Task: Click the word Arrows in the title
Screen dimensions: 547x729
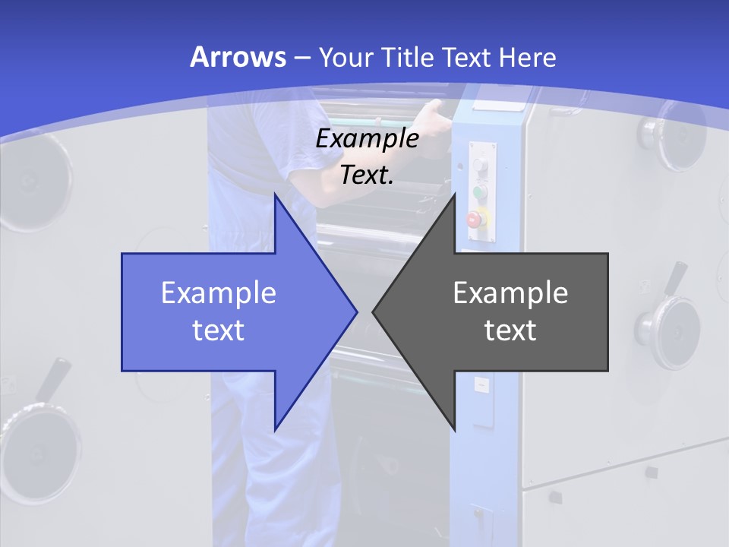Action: (238, 57)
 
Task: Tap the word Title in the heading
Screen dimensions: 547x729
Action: (408, 57)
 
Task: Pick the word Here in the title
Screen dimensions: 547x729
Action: (528, 57)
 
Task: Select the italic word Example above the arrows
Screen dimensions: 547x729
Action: (367, 139)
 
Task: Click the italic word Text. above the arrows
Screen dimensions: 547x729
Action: (367, 175)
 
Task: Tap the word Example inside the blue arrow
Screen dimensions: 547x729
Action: (219, 293)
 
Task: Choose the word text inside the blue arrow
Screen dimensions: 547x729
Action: (219, 330)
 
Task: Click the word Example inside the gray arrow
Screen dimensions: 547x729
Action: (510, 293)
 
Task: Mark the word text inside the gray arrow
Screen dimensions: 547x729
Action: (510, 330)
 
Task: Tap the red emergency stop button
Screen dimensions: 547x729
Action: (475, 220)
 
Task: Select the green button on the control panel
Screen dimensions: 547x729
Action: (479, 191)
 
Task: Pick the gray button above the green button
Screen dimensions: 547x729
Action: (479, 165)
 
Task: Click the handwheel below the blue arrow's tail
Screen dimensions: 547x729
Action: (42, 441)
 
